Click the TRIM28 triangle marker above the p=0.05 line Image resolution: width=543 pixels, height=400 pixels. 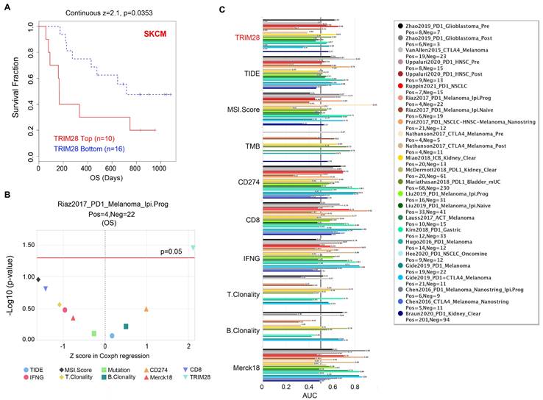coord(193,248)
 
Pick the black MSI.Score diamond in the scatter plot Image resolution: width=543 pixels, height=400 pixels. coord(38,279)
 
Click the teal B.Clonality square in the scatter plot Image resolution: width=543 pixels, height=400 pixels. coord(126,326)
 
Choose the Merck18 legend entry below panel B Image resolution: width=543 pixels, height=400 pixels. coord(155,376)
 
